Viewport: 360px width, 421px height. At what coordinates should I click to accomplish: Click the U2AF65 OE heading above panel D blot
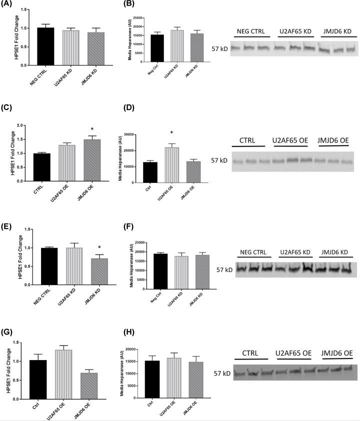(x=290, y=138)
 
